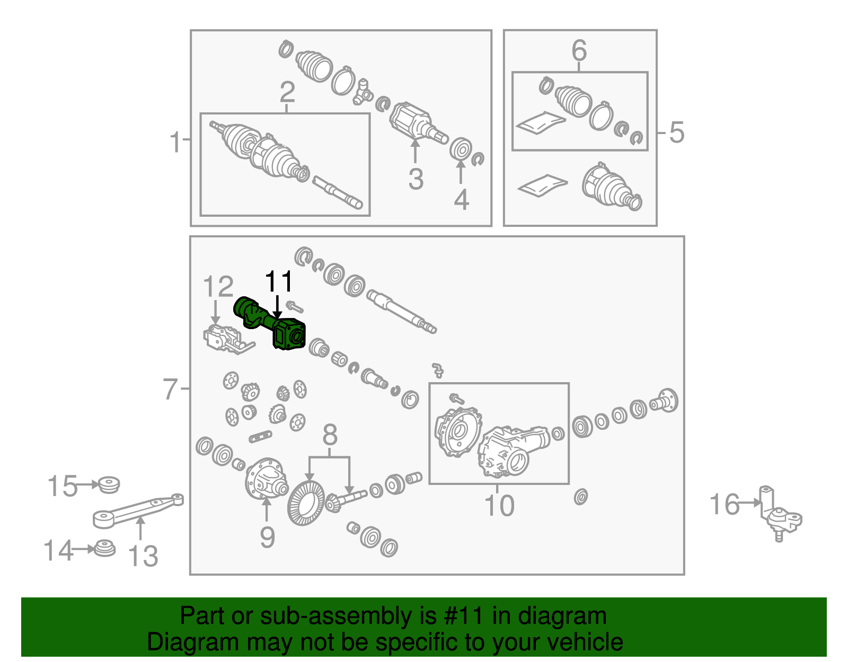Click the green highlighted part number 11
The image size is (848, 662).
270,324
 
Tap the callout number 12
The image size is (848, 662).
218,287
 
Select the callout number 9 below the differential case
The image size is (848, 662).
267,537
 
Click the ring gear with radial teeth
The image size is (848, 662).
306,504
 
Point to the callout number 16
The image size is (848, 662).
725,504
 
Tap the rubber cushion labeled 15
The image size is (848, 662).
109,484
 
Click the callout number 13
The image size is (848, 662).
143,556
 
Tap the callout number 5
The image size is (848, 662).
677,133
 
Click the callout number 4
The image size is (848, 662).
461,200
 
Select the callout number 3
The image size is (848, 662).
416,179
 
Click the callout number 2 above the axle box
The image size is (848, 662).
287,92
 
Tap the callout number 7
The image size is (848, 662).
171,389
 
